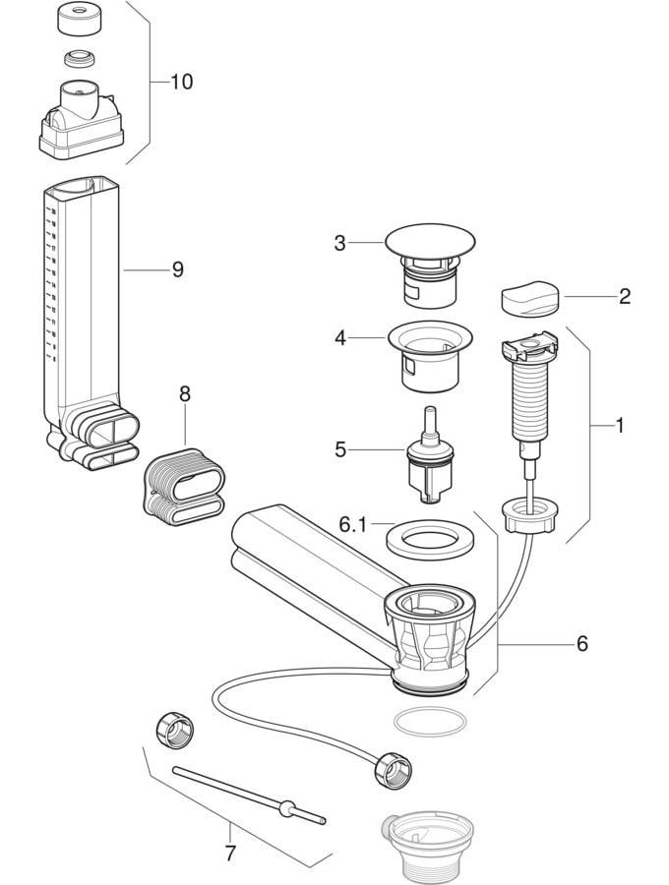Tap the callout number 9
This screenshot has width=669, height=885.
[177, 268]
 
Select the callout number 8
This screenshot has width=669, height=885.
[184, 393]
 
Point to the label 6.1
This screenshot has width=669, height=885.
[351, 525]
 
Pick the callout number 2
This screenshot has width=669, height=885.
[624, 296]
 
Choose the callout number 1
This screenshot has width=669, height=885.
[620, 426]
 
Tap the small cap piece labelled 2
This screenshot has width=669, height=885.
[529, 298]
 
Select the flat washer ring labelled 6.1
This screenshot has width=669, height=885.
[430, 539]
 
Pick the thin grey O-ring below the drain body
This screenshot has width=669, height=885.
[430, 722]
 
